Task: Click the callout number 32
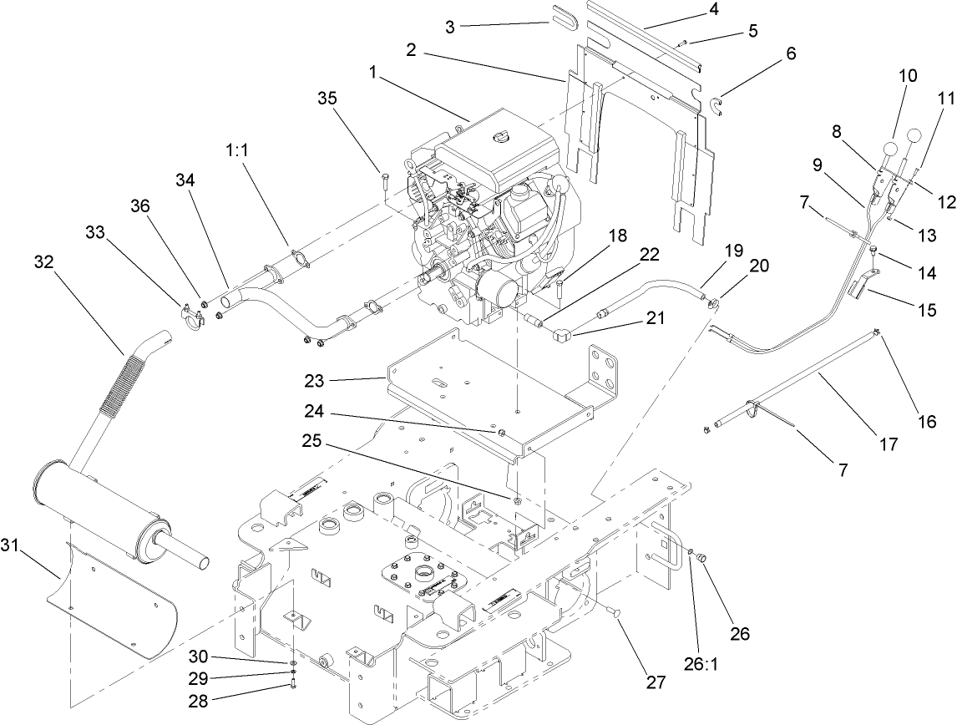[43, 261]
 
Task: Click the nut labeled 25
[518, 500]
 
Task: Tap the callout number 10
[907, 76]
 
